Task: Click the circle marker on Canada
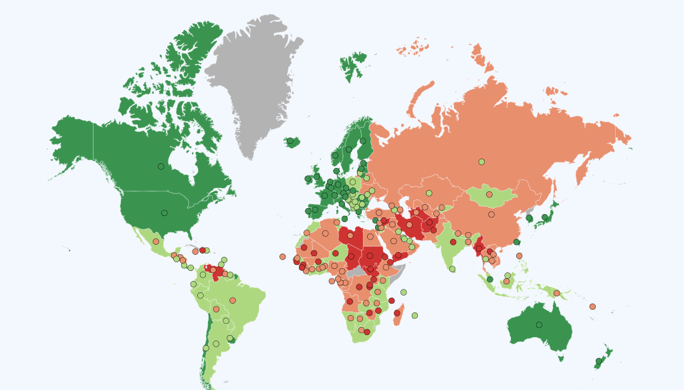(160, 167)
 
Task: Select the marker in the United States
(164, 213)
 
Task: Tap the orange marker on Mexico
(156, 241)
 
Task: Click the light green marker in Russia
(481, 161)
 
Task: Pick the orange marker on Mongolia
(489, 195)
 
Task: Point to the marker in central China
(491, 215)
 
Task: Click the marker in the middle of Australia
(539, 325)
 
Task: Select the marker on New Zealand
(599, 361)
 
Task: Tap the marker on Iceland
(290, 141)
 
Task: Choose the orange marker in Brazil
(233, 300)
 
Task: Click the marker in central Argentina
(216, 344)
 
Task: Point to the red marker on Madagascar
(397, 313)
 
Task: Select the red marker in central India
(453, 242)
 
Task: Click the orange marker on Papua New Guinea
(556, 293)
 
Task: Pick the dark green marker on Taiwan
(516, 242)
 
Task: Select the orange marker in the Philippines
(519, 256)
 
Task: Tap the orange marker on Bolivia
(216, 309)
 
